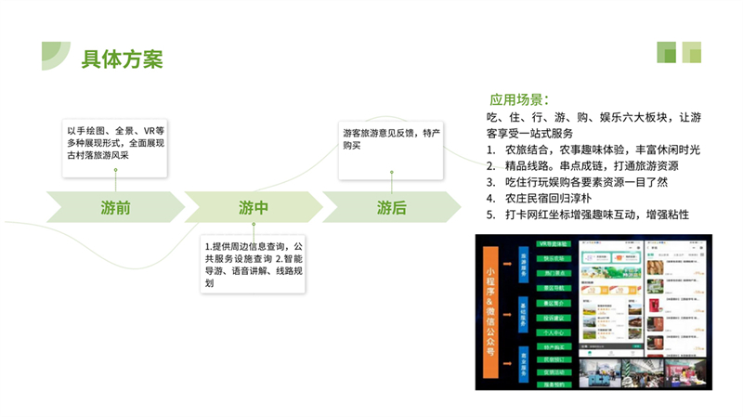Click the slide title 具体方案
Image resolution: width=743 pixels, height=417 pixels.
pos(122,59)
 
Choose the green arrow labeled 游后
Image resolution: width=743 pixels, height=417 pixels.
pos(391,207)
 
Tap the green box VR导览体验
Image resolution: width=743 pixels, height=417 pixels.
pos(554,243)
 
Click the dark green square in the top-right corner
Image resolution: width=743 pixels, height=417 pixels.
pos(667,52)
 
